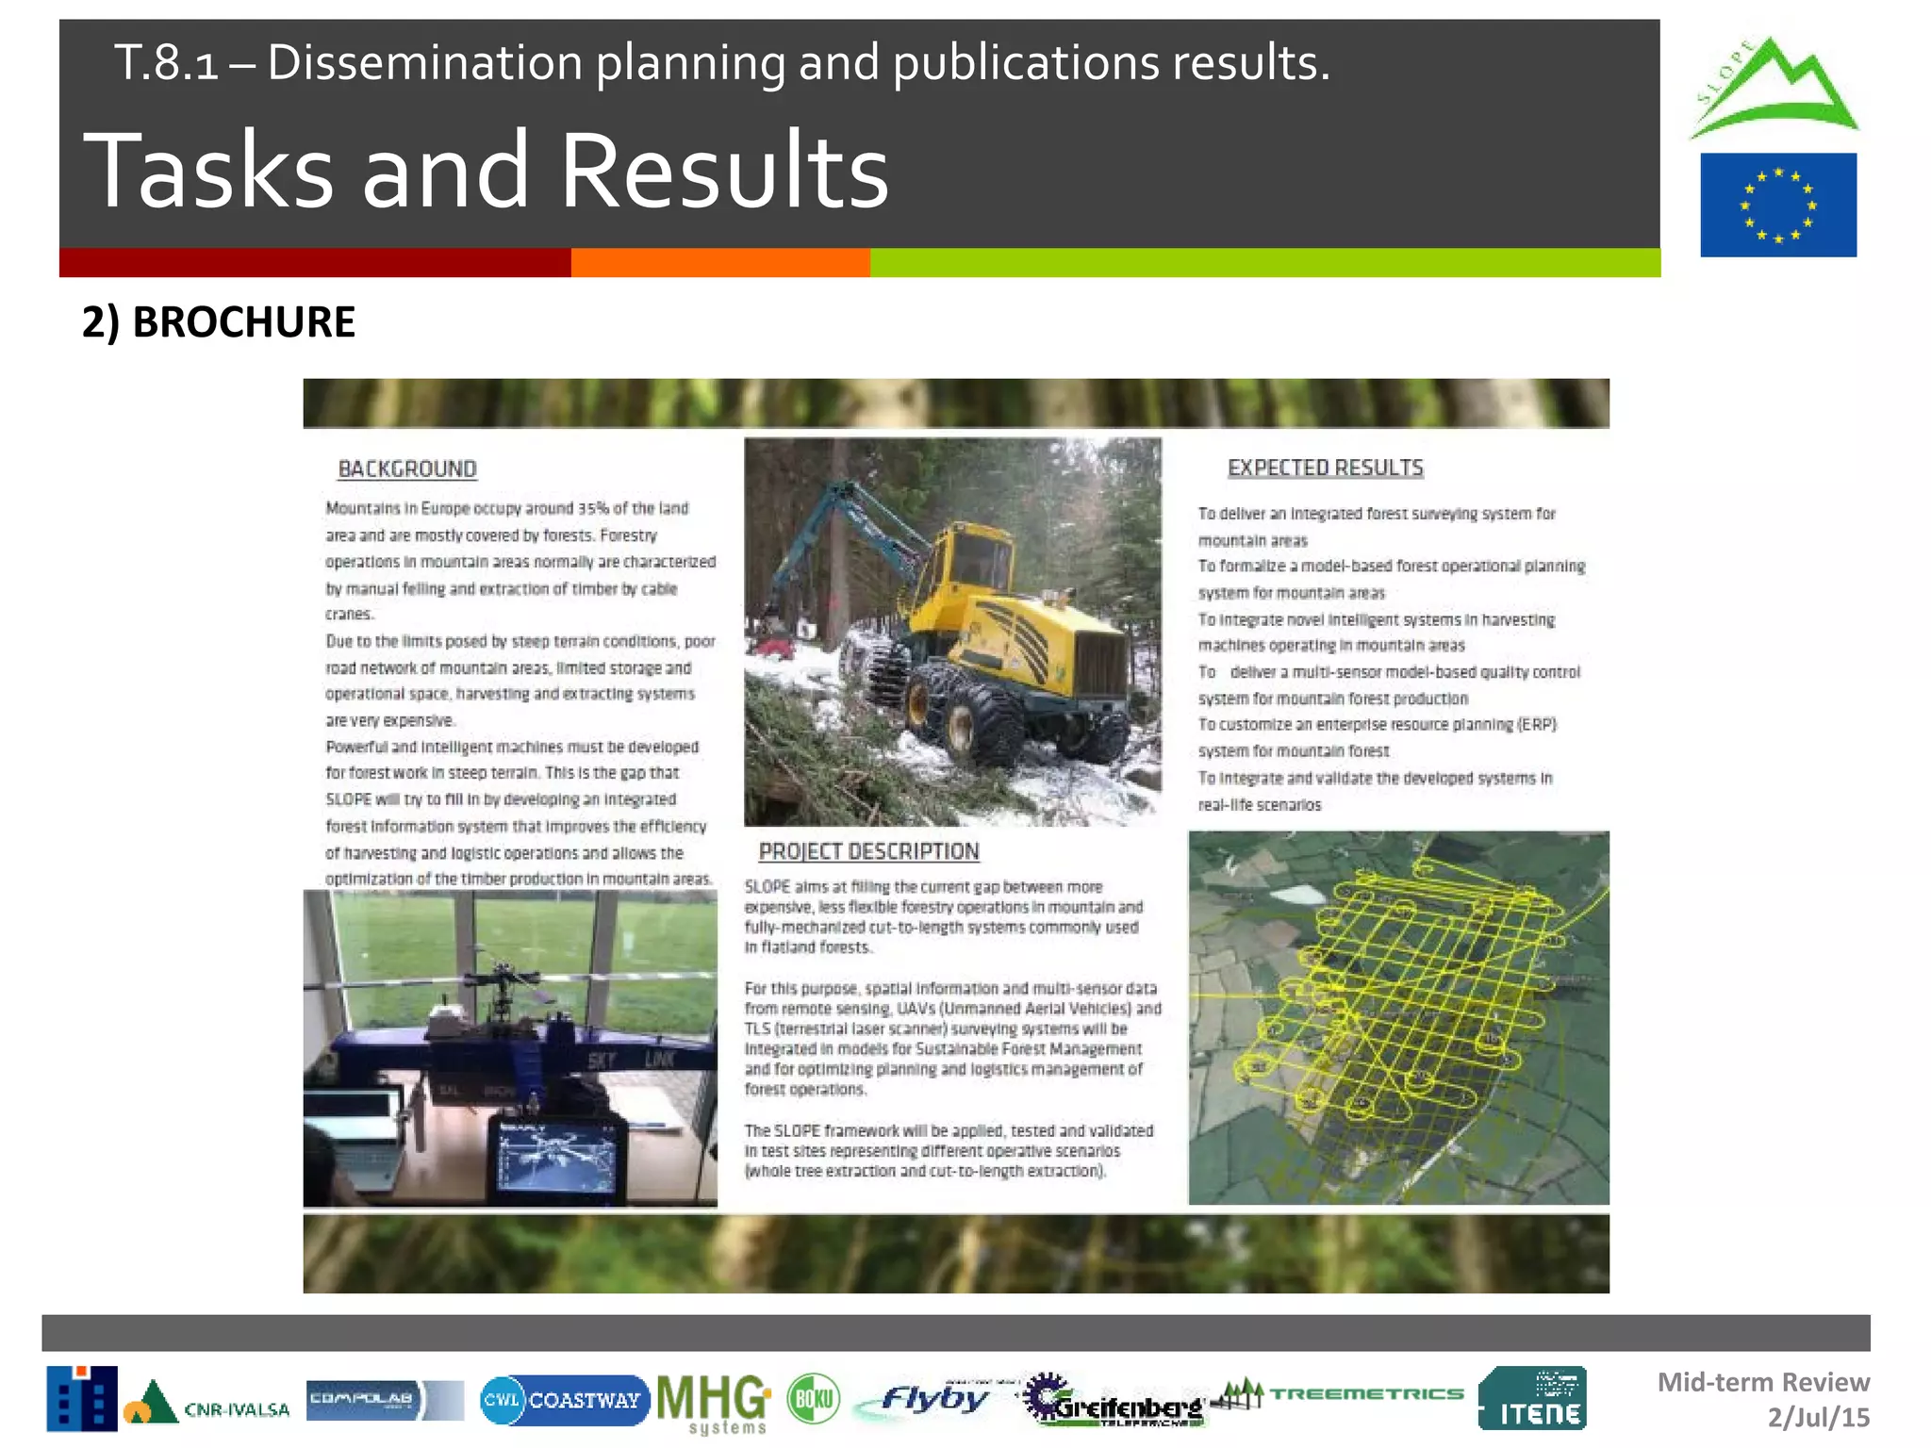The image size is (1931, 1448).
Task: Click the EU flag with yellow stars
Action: point(1777,205)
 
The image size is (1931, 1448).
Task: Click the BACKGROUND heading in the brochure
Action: point(407,469)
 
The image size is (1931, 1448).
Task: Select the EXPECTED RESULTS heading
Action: point(1325,468)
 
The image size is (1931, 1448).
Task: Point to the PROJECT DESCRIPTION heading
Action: point(868,851)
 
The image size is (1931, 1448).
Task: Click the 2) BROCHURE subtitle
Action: point(219,322)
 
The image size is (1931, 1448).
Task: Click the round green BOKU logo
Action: point(813,1399)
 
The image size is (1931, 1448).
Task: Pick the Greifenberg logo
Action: point(1114,1401)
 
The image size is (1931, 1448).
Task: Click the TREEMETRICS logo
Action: point(1339,1394)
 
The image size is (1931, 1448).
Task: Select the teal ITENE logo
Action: point(1532,1399)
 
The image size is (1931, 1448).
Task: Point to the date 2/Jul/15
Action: point(1818,1417)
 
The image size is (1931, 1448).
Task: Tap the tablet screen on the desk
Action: point(557,1158)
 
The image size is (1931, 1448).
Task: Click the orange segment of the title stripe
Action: point(720,263)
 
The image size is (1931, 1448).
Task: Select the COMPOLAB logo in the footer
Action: point(384,1400)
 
